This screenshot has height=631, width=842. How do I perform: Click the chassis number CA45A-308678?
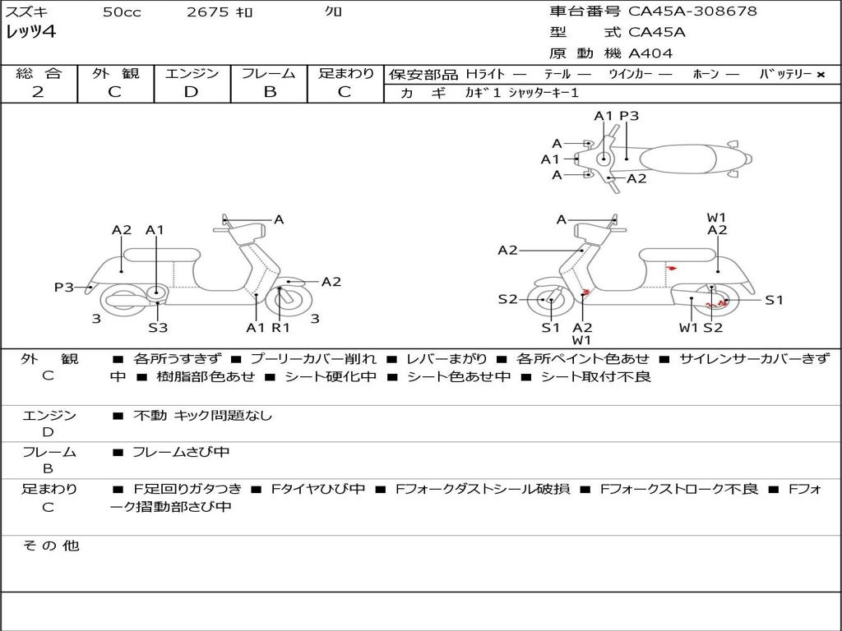coord(692,12)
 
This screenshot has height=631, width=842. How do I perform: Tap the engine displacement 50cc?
coord(122,12)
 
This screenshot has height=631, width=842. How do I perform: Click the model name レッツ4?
coord(30,33)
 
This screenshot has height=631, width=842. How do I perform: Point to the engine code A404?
coord(650,53)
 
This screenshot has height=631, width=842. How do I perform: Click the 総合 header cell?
coord(39,73)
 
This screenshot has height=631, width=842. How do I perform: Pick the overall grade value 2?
coord(38,92)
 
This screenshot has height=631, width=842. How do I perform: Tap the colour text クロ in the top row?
coord(334,12)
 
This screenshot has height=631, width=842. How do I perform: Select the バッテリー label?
coord(786,74)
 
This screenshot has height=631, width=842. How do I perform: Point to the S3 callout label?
coord(158,328)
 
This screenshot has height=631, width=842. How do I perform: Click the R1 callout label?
coord(281,328)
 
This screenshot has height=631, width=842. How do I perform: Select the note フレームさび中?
coord(181,452)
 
